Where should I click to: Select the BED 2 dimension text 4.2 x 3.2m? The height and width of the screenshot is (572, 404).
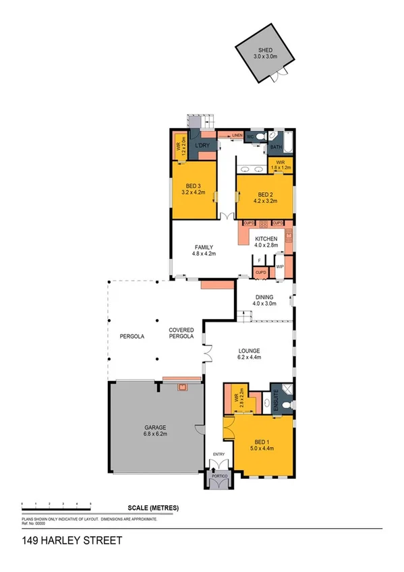pyautogui.click(x=264, y=200)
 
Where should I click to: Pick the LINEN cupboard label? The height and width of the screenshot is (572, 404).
pyautogui.click(x=237, y=136)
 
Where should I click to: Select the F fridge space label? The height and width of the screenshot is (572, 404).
pyautogui.click(x=259, y=260)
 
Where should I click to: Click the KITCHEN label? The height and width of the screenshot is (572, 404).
pyautogui.click(x=265, y=239)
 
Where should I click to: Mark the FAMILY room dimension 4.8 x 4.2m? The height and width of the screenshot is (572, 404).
pyautogui.click(x=204, y=254)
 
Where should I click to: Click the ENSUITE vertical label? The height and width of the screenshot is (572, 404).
pyautogui.click(x=275, y=399)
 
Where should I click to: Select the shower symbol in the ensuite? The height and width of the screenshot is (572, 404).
pyautogui.click(x=287, y=389)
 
